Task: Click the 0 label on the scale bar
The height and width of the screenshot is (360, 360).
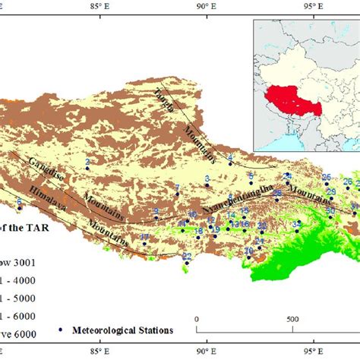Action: pos(196,319)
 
